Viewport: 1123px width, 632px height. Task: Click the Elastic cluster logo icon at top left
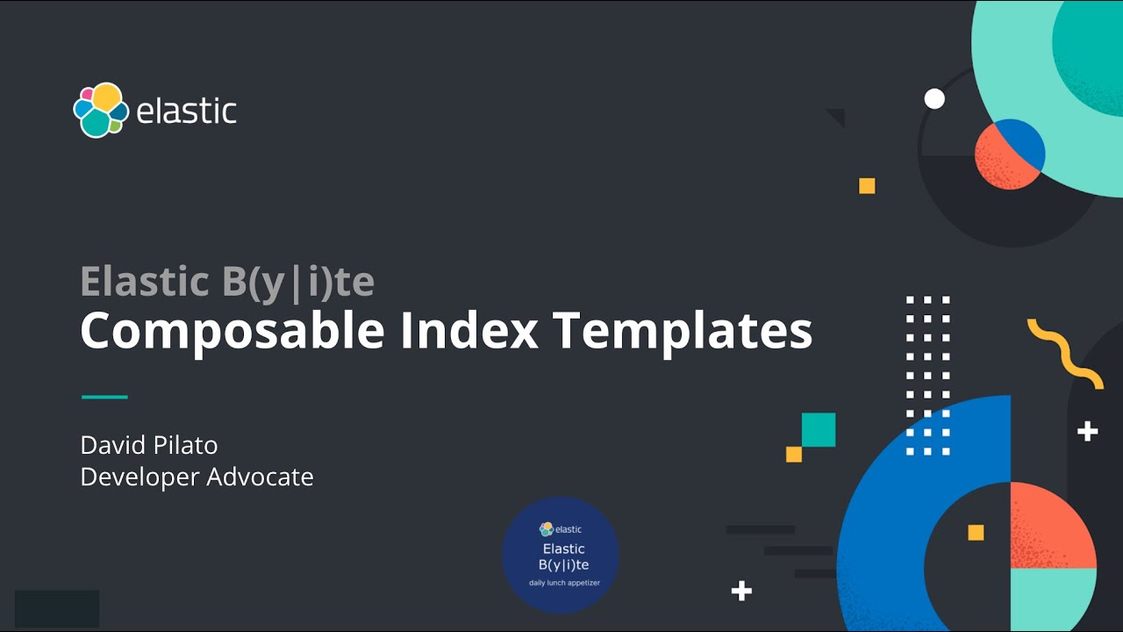click(101, 111)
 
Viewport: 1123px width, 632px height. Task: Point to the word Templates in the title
click(683, 332)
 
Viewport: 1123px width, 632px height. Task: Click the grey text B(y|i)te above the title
click(292, 282)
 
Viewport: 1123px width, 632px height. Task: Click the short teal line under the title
click(104, 397)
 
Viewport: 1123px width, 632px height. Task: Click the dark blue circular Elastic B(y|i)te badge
click(561, 555)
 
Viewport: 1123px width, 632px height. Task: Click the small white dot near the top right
click(934, 99)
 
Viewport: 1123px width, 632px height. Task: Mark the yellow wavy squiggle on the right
click(1065, 353)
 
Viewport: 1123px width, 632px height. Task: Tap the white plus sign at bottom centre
click(741, 591)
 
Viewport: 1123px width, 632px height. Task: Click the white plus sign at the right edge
click(1087, 431)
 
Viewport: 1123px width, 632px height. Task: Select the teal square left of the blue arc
click(818, 430)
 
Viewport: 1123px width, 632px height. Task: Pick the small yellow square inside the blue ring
click(976, 533)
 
